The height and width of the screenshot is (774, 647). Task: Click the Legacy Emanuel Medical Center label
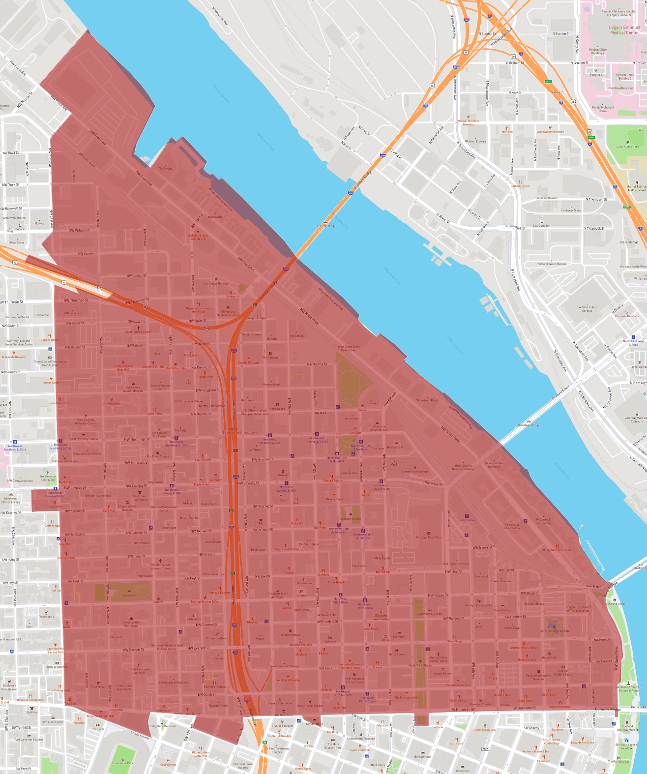(x=624, y=30)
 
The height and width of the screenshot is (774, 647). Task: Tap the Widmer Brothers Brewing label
(x=468, y=122)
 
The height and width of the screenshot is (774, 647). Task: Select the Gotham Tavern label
(x=520, y=186)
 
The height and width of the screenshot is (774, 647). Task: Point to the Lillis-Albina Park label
(x=627, y=146)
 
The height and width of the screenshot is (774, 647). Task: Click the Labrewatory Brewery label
(x=550, y=132)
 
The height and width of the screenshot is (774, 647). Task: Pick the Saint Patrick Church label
(x=139, y=332)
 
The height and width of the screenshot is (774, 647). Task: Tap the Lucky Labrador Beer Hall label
(x=123, y=367)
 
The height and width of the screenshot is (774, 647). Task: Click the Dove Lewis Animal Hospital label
(x=133, y=389)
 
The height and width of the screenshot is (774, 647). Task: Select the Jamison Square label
(x=351, y=519)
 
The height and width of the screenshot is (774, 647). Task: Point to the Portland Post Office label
(x=429, y=537)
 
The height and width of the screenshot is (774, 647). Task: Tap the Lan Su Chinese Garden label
(x=554, y=630)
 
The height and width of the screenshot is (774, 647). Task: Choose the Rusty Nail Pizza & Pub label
(x=557, y=550)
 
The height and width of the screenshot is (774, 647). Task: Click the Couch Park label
(x=129, y=595)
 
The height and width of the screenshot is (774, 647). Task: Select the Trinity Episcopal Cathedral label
(x=139, y=671)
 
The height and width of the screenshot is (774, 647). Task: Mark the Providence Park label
(x=122, y=763)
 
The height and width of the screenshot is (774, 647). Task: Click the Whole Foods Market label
(x=310, y=706)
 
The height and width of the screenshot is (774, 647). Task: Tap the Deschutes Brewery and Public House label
(x=350, y=666)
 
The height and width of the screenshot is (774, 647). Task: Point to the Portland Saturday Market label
(x=627, y=728)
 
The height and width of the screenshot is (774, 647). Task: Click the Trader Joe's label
(x=46, y=616)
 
